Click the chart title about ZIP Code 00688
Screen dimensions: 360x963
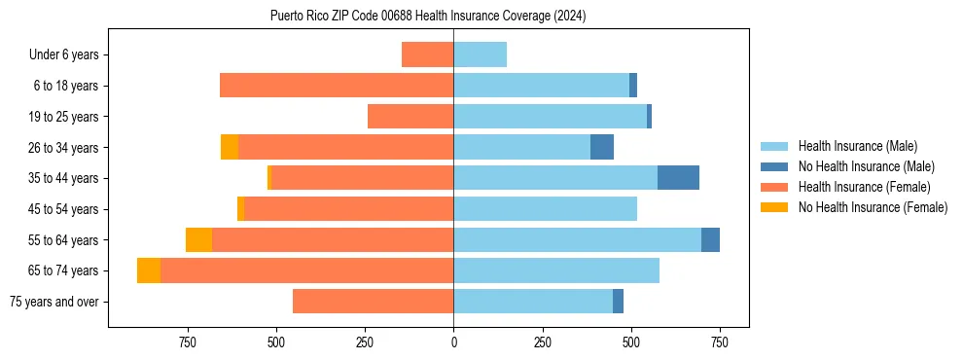[428, 16]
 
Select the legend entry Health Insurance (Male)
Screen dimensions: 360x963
[857, 147]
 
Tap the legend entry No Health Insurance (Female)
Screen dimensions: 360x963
[872, 207]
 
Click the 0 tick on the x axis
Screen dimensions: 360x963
[453, 342]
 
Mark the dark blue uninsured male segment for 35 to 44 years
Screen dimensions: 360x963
[678, 178]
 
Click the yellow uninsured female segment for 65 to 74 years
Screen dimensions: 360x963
[149, 270]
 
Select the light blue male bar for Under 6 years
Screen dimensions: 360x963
[480, 55]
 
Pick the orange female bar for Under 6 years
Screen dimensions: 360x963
[428, 55]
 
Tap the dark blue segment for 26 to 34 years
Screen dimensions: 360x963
[602, 147]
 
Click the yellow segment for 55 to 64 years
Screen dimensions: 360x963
[198, 239]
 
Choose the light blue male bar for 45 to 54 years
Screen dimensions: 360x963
[545, 209]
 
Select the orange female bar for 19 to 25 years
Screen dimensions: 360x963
[410, 117]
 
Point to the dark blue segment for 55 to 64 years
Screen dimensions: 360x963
[710, 239]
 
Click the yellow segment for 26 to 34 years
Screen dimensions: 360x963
[230, 147]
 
